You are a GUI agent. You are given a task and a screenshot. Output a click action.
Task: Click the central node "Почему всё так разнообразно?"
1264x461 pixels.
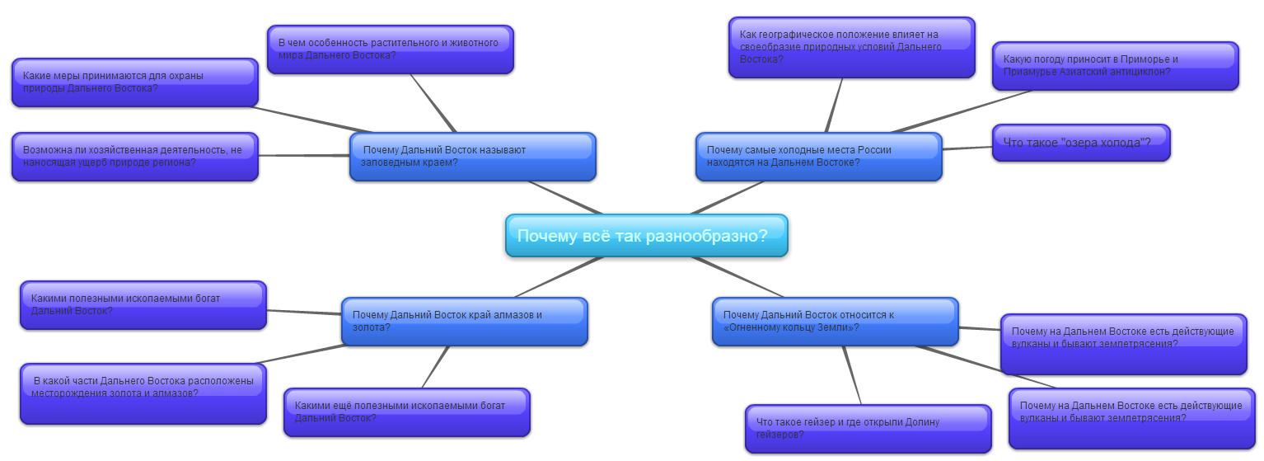point(646,236)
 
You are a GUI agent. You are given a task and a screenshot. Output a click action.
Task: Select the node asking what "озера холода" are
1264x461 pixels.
point(1080,143)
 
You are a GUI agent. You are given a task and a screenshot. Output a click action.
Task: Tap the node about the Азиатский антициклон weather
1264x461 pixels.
point(1115,66)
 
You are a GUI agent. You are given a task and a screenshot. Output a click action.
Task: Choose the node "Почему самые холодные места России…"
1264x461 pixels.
point(817,157)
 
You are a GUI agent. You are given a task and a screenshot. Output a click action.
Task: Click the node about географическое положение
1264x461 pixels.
point(851,48)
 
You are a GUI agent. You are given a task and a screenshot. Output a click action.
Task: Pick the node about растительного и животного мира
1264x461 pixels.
point(390,49)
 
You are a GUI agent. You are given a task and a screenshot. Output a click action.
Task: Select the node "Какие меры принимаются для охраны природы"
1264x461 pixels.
point(134,82)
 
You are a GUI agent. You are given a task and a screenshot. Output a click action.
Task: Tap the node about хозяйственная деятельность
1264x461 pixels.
point(134,157)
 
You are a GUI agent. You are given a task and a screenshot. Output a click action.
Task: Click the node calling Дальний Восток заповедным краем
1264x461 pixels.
point(472,157)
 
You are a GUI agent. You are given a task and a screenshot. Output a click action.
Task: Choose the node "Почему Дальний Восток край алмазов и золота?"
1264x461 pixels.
point(464,322)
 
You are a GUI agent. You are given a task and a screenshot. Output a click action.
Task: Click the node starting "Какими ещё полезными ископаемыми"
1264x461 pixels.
point(406,412)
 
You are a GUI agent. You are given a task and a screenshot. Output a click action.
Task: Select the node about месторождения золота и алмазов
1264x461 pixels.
point(143,393)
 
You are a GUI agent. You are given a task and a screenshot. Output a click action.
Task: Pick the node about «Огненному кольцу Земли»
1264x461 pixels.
point(835,322)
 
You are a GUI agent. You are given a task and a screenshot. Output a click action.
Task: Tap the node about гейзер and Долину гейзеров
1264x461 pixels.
point(868,429)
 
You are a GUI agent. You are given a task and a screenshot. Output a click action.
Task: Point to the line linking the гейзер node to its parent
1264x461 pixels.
point(851,375)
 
